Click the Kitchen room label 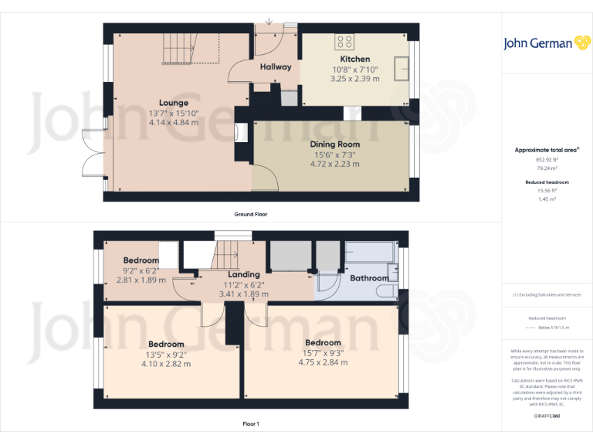pyautogui.click(x=354, y=59)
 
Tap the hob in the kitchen pyautogui.click(x=344, y=42)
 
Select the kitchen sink pyautogui.click(x=401, y=68)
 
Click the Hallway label pyautogui.click(x=276, y=66)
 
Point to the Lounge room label pyautogui.click(x=174, y=103)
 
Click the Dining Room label pyautogui.click(x=334, y=144)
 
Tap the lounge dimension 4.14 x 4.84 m pyautogui.click(x=174, y=122)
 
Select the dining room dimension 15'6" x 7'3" pyautogui.click(x=334, y=154)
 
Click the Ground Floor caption pyautogui.click(x=251, y=214)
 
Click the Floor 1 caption pyautogui.click(x=251, y=424)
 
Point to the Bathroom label pyautogui.click(x=369, y=278)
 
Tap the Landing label pyautogui.click(x=243, y=274)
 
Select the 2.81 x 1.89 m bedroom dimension pyautogui.click(x=141, y=280)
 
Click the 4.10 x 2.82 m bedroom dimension pyautogui.click(x=166, y=364)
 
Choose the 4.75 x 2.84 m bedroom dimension pyautogui.click(x=323, y=362)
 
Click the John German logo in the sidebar pyautogui.click(x=547, y=43)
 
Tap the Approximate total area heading pyautogui.click(x=547, y=150)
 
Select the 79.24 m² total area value pyautogui.click(x=547, y=167)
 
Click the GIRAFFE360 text pyautogui.click(x=547, y=416)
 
